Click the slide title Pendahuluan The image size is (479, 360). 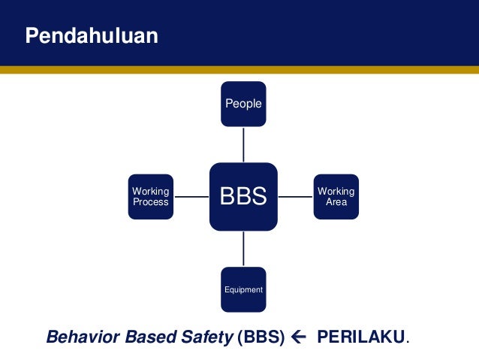coord(92,36)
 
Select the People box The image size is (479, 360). coord(243,104)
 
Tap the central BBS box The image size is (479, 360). coord(243,197)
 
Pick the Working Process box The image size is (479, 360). coord(150,197)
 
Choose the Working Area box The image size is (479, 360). coord(336,197)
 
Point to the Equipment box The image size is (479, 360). coord(243,289)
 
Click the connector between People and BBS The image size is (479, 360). coord(243,144)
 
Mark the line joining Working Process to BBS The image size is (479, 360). coord(191,197)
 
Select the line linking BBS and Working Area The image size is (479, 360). coord(295,197)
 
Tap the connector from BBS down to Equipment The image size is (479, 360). coord(243,249)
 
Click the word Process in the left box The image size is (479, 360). coord(150,202)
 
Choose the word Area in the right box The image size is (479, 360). coord(336,202)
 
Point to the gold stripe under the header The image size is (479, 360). coord(239,69)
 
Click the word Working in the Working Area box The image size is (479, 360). coord(336,192)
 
